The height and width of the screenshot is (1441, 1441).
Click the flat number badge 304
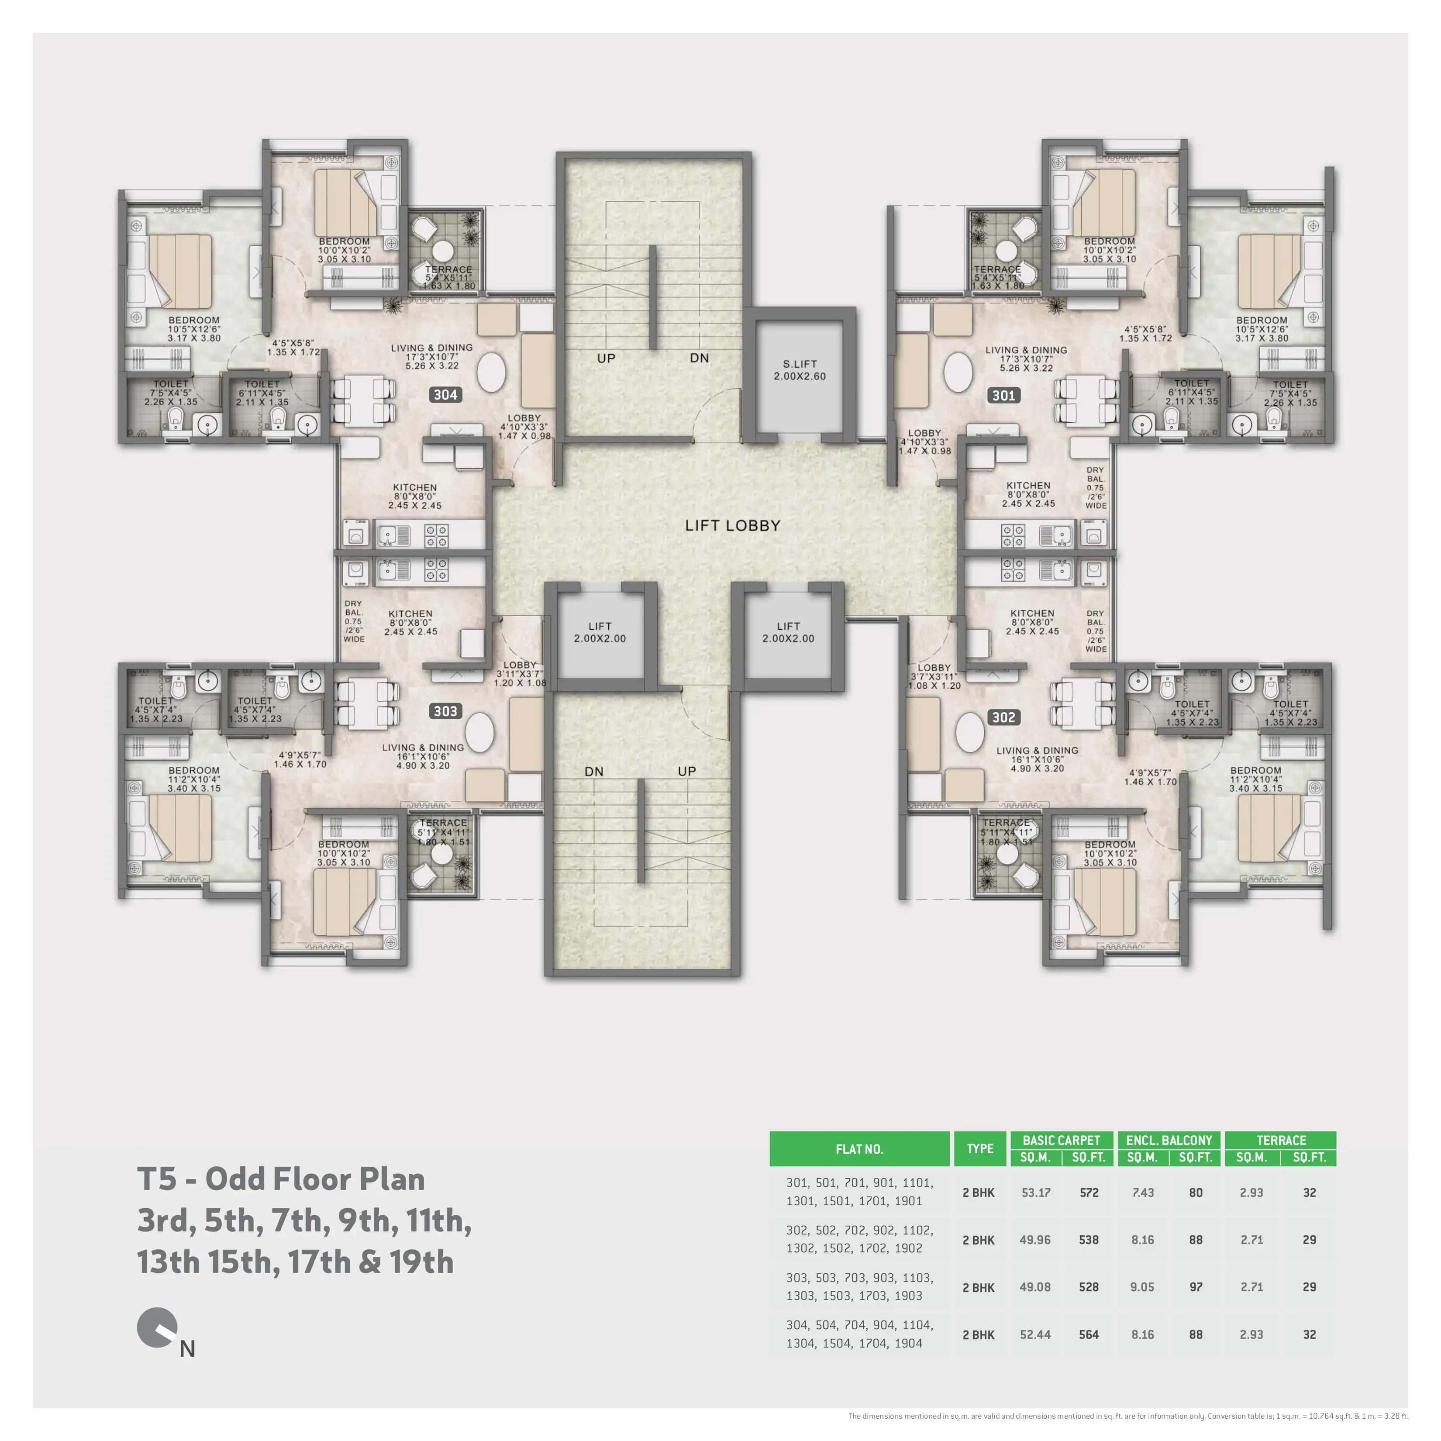(x=445, y=395)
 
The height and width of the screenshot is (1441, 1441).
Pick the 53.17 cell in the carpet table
(x=1035, y=1193)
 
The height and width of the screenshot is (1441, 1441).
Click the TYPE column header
(x=979, y=1148)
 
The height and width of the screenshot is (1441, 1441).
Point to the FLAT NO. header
(x=859, y=1148)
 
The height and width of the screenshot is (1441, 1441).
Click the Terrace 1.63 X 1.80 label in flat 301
(x=997, y=277)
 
